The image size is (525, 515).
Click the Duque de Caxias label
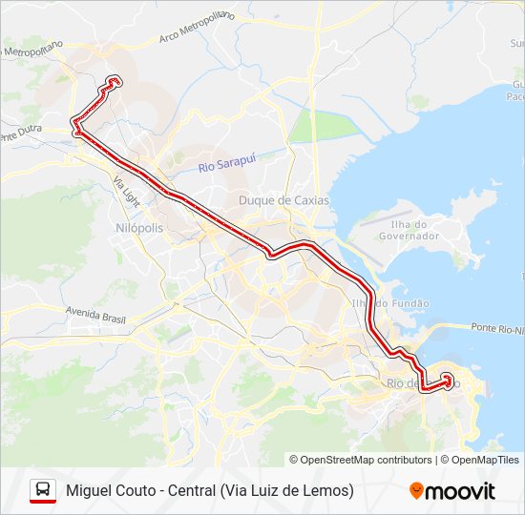[283, 200]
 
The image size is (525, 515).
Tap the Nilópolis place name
[139, 229]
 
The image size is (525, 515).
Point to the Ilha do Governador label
[409, 229]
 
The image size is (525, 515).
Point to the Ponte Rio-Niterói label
[497, 329]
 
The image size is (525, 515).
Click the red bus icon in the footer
[43, 490]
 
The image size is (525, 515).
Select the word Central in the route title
[191, 490]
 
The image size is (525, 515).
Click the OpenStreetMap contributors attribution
[367, 460]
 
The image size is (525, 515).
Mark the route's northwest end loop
[115, 81]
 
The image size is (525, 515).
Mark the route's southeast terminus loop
[446, 379]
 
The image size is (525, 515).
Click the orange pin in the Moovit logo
[416, 491]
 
